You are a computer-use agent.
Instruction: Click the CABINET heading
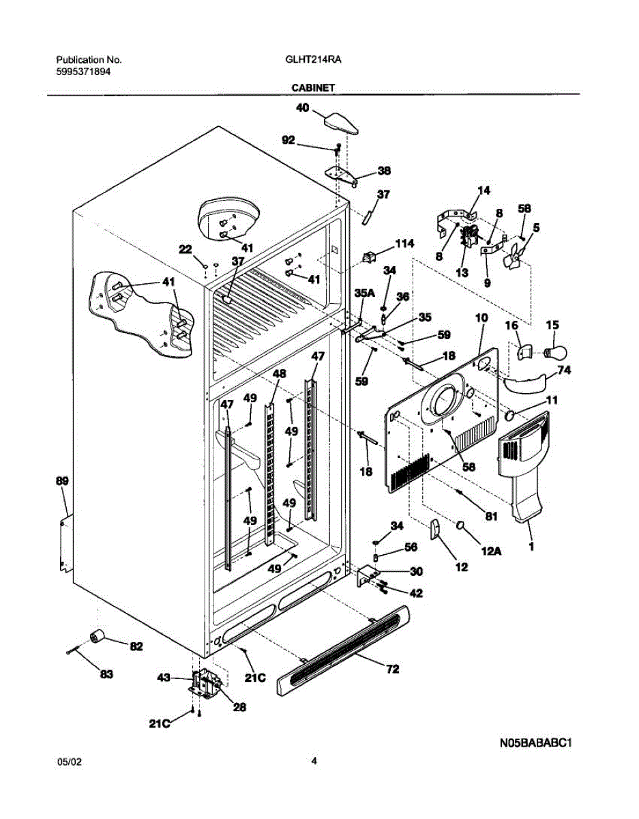313,88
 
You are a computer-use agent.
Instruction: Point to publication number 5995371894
83,72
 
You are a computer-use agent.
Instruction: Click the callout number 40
302,108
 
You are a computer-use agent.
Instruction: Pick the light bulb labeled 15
556,352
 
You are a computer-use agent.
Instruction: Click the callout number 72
392,669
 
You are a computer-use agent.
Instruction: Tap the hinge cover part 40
341,124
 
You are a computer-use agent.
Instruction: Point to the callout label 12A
492,551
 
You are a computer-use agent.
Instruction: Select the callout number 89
63,481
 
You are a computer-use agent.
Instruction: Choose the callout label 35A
364,293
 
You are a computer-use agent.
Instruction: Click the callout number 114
404,244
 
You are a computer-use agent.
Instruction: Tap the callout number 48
279,373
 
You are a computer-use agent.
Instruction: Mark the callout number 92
288,140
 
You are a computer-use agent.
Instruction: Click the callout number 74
564,371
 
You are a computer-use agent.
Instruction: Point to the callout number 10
481,318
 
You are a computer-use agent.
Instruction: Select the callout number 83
106,674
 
